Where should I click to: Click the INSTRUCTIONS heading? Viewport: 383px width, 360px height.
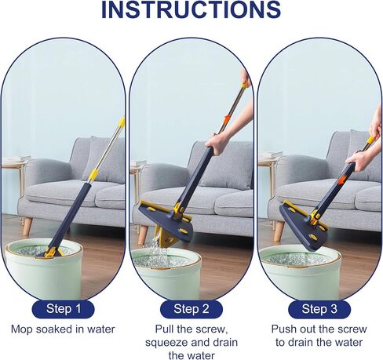[191, 10]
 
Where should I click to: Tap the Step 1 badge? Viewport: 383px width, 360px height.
[63, 309]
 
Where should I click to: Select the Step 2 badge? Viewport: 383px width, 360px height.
[191, 309]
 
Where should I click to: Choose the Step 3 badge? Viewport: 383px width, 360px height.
[319, 309]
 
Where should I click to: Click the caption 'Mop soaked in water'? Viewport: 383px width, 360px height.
[63, 329]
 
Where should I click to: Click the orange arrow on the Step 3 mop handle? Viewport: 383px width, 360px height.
[342, 180]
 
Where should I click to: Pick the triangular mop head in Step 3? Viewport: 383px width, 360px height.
[304, 226]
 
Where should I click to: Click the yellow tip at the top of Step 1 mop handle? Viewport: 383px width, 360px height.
[122, 122]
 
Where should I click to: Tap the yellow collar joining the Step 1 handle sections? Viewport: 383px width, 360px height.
[93, 176]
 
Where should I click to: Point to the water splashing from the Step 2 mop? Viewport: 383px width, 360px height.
[155, 249]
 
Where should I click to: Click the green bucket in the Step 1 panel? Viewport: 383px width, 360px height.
[45, 269]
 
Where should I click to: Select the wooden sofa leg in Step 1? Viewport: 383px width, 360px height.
[27, 226]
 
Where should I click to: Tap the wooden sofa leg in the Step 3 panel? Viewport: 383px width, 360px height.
[279, 231]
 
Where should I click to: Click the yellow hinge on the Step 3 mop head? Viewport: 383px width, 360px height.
[316, 216]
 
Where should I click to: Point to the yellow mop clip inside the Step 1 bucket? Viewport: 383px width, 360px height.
[52, 253]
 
